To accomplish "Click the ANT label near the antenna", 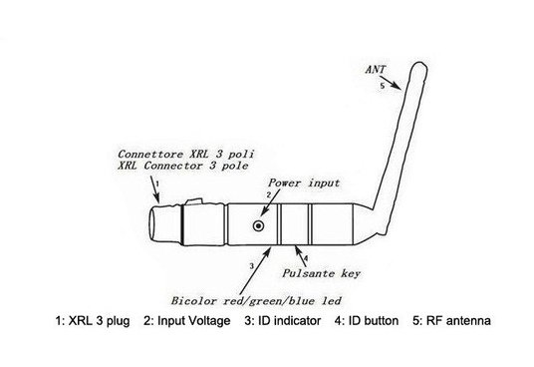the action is (x=376, y=70).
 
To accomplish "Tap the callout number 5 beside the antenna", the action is (x=383, y=86).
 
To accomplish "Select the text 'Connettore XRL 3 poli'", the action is (x=186, y=154).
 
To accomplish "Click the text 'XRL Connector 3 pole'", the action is (x=183, y=166).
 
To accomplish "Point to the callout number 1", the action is (x=157, y=183).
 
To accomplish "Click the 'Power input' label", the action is (x=304, y=183).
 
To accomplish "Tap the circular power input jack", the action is (x=258, y=225).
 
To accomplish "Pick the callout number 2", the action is (x=268, y=194).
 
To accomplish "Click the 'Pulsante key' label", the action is (x=321, y=273).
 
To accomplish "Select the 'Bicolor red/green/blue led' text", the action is (x=256, y=301).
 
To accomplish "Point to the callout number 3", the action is (x=252, y=266).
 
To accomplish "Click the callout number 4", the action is (x=306, y=258).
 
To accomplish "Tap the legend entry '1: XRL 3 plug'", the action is (x=93, y=321).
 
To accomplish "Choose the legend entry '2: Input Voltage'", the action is (x=187, y=321).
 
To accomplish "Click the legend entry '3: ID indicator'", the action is (x=282, y=321).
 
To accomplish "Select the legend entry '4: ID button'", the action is (x=367, y=321).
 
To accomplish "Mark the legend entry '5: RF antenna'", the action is (x=451, y=321).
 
